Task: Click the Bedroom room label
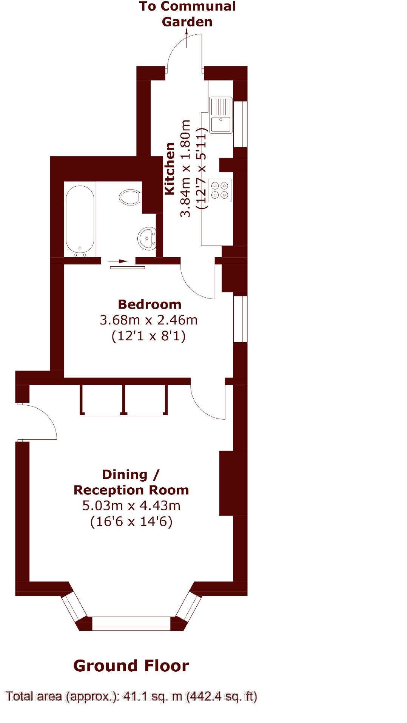[x=150, y=304]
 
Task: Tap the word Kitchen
[x=170, y=169]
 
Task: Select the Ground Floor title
[x=131, y=666]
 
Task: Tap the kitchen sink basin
[x=221, y=124]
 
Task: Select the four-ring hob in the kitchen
[x=220, y=190]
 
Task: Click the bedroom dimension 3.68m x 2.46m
[x=149, y=320]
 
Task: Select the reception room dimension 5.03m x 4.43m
[x=131, y=505]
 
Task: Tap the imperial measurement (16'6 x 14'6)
[x=131, y=522]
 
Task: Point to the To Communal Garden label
[x=187, y=14]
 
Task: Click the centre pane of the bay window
[x=131, y=623]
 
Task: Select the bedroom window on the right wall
[x=240, y=319]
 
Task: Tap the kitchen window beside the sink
[x=240, y=124]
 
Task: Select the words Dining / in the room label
[x=131, y=474]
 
